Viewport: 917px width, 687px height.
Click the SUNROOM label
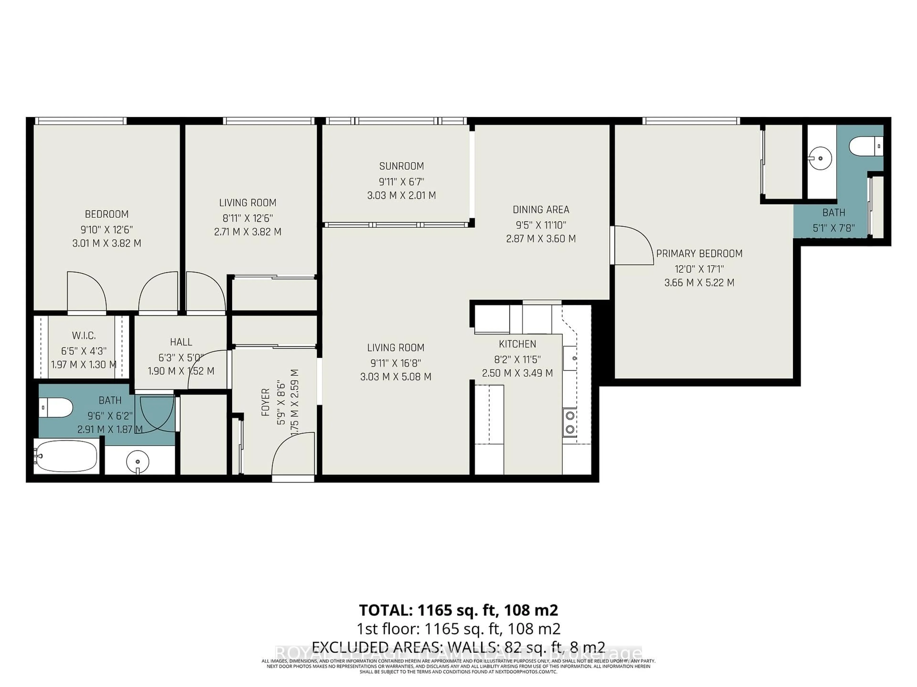pos(401,166)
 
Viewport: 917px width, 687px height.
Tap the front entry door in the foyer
pos(292,456)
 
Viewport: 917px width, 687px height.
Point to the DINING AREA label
pos(541,209)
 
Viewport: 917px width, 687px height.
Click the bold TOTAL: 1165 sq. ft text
pos(458,610)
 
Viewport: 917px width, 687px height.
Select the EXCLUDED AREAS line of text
pos(458,647)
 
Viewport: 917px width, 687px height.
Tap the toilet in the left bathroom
pos(56,407)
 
